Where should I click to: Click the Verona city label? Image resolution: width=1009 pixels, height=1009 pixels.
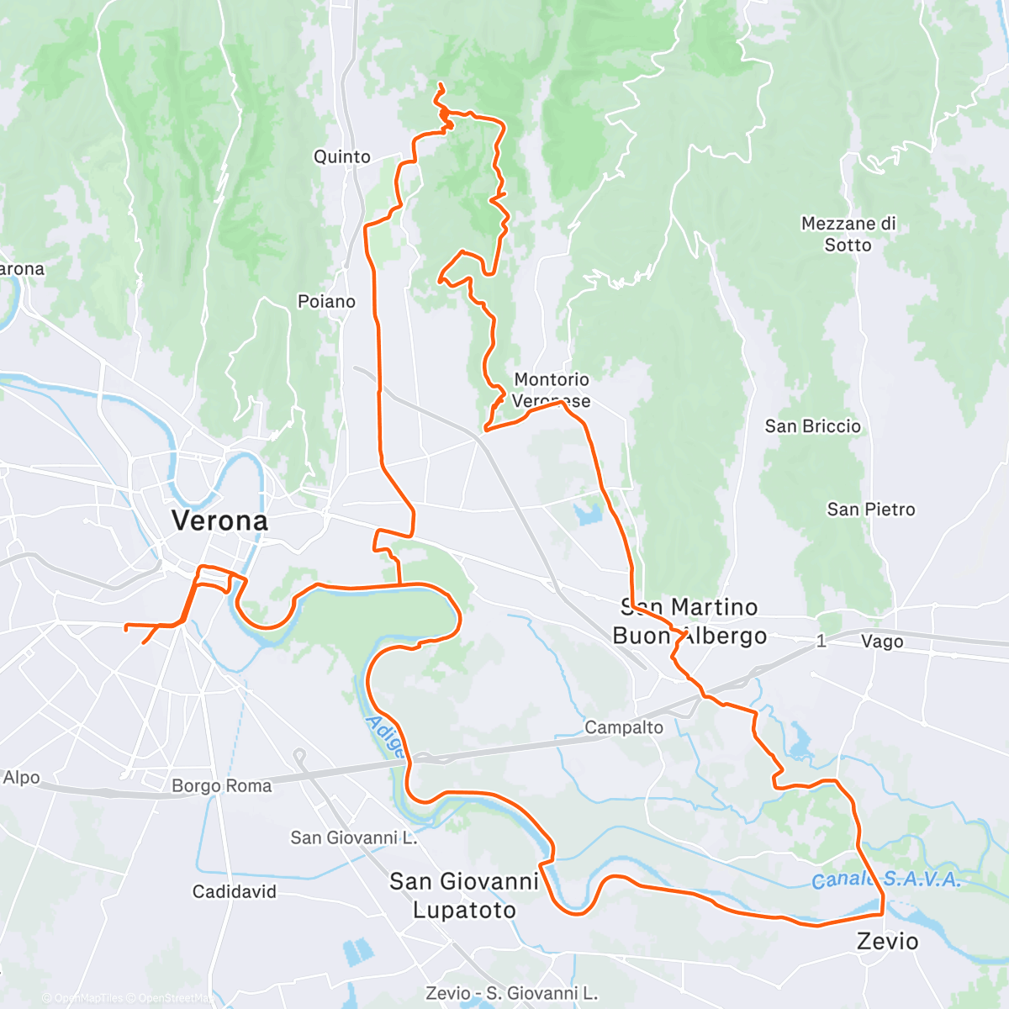coord(219,520)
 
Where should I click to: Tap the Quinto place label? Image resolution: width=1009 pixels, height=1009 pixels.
coord(341,157)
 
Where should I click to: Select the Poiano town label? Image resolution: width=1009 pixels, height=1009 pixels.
coord(326,301)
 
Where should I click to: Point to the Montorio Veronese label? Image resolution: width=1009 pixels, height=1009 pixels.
coord(552,390)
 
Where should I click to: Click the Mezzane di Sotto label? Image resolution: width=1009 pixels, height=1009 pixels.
coord(848,235)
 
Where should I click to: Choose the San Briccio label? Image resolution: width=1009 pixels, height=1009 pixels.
coord(812,426)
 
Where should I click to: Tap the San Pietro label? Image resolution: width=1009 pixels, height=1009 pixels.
coord(870,510)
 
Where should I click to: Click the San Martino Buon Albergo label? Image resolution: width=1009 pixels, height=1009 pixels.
coord(689,621)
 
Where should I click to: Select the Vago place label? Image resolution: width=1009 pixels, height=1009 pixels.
coord(881,642)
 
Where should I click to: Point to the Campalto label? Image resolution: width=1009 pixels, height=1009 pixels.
coord(623,728)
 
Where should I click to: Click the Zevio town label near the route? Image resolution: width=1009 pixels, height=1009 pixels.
coord(887,941)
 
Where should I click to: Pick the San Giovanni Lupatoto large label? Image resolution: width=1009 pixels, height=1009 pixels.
coord(463,895)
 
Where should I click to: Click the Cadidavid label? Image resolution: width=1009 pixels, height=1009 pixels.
coord(234,891)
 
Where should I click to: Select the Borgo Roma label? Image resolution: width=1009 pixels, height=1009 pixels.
coord(221,786)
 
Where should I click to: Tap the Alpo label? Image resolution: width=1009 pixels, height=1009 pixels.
coord(21,778)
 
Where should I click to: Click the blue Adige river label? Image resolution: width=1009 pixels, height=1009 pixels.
coord(384,737)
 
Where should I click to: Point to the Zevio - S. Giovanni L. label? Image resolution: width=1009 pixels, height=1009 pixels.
coord(511,994)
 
